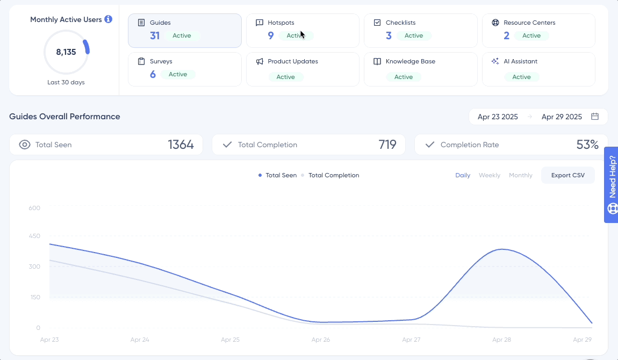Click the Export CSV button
coord(567,175)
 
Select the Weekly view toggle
coord(489,175)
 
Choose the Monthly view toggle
coord(520,175)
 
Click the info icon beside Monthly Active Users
coord(108,19)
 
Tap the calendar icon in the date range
coord(595,117)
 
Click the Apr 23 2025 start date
coord(497,117)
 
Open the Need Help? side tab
coord(612,185)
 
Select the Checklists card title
coord(400,23)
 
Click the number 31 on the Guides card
coord(155,35)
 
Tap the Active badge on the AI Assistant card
coord(521,77)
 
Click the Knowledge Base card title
coord(410,61)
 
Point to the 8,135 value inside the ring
coord(66,52)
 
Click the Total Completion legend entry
coord(333,175)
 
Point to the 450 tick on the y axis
coord(34,235)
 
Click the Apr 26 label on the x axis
coord(320,340)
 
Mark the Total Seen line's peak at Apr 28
coord(501,249)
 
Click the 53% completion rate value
coord(587,145)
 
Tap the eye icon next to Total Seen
coord(24,145)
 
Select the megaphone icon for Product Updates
coord(260,61)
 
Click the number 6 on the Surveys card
coord(153,74)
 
